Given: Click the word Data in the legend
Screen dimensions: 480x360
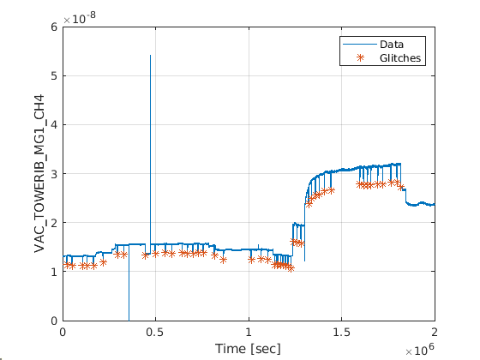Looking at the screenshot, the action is click(x=392, y=45).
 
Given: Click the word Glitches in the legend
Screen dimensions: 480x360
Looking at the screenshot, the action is click(x=400, y=58).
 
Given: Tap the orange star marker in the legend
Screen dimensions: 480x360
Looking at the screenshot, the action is click(x=360, y=57).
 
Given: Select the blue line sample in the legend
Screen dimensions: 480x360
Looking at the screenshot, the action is click(x=360, y=45).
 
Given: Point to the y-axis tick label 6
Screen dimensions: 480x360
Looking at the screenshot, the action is click(x=54, y=27).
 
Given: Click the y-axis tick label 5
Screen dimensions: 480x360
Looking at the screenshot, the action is click(x=54, y=75).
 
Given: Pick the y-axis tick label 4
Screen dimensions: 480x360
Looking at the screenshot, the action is click(x=54, y=124).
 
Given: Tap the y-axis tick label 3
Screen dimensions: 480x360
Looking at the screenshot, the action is click(x=54, y=173).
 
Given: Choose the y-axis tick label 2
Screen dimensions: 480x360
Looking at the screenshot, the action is click(x=54, y=223).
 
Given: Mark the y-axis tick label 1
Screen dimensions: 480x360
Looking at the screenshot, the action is click(x=54, y=272).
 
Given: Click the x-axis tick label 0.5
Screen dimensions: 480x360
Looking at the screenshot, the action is click(x=155, y=333).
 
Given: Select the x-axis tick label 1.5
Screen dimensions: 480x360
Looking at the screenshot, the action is click(x=341, y=333).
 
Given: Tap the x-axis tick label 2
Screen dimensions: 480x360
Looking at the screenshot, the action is click(x=435, y=333).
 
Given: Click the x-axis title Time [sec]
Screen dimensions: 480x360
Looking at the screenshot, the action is click(x=248, y=349).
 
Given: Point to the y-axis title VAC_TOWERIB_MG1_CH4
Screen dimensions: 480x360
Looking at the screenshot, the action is click(x=39, y=173).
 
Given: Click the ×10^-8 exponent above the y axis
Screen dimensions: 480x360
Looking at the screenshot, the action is click(x=80, y=18).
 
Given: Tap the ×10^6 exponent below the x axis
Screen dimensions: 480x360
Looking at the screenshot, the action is click(x=420, y=350).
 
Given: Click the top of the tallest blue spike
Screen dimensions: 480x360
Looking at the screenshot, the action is click(x=150, y=56).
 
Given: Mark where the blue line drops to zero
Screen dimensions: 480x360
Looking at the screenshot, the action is click(x=129, y=320).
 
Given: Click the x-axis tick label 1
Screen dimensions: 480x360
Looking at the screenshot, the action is click(x=249, y=333).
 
